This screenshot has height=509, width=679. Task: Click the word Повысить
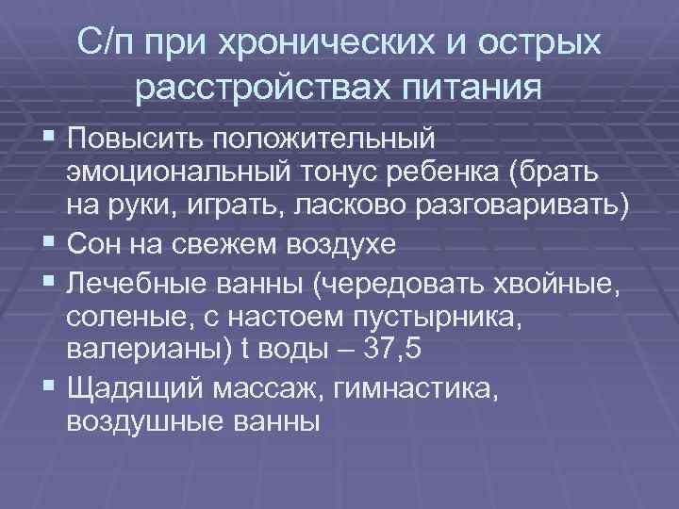(135, 140)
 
